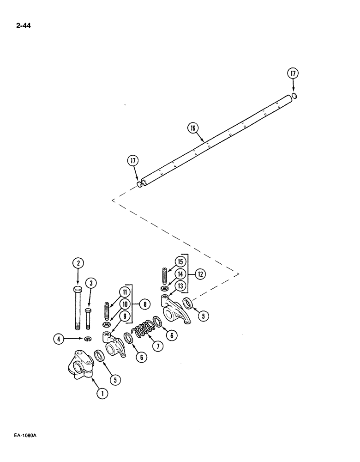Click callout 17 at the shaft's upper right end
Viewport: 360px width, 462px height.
293,73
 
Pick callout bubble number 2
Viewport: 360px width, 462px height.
78,263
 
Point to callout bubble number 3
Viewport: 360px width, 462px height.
91,283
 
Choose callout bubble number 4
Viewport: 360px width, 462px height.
58,340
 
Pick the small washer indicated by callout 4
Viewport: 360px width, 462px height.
88,340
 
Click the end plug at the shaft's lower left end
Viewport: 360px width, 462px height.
139,185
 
